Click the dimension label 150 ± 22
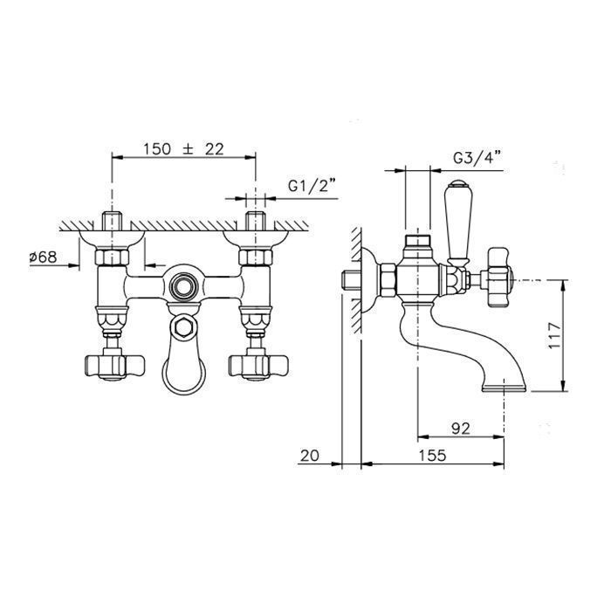coord(183,149)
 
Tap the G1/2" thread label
coord(312,186)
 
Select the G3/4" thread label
coord(477,158)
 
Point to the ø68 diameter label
coord(44,257)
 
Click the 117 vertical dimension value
coord(553,335)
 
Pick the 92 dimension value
coord(461,429)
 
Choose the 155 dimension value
coord(432,455)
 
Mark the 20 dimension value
coord(310,455)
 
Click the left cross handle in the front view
coord(114,367)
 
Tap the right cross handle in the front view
coord(258,367)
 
